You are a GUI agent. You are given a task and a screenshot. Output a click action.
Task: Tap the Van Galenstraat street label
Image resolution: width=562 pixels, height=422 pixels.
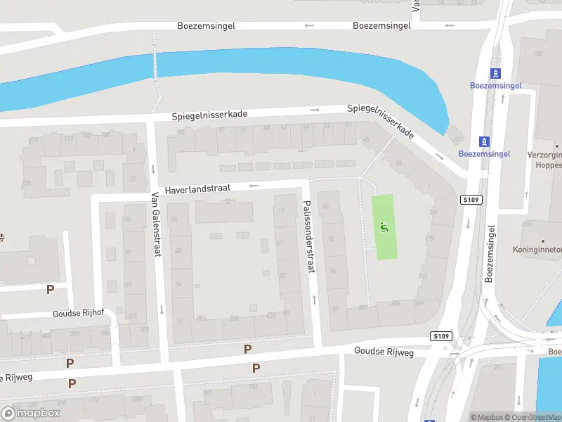click(156, 224)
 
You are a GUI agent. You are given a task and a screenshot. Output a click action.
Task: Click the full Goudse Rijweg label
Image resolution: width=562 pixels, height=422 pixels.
click(383, 350)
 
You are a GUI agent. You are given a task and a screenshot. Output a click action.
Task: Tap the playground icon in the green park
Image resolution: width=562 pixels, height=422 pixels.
click(384, 226)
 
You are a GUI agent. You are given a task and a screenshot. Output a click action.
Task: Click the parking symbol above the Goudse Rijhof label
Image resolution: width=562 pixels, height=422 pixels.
click(50, 289)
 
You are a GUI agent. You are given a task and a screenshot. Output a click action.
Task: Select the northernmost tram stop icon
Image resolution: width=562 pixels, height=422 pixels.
click(496, 73)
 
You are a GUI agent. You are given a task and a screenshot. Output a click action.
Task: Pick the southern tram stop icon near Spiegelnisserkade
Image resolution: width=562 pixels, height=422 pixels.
click(483, 141)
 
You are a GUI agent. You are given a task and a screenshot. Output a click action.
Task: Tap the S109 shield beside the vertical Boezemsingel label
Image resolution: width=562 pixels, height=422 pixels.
click(471, 200)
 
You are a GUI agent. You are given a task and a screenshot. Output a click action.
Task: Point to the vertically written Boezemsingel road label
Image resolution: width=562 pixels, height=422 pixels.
click(490, 253)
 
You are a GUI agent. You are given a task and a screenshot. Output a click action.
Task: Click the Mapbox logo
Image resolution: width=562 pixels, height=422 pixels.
click(31, 413)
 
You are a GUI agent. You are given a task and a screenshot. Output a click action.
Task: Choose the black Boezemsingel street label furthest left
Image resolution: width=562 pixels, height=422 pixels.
click(206, 25)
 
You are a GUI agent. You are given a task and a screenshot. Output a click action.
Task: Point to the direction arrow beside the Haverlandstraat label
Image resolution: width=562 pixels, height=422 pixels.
click(254, 186)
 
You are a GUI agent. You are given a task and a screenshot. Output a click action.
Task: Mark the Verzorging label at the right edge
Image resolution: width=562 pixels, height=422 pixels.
click(545, 155)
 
